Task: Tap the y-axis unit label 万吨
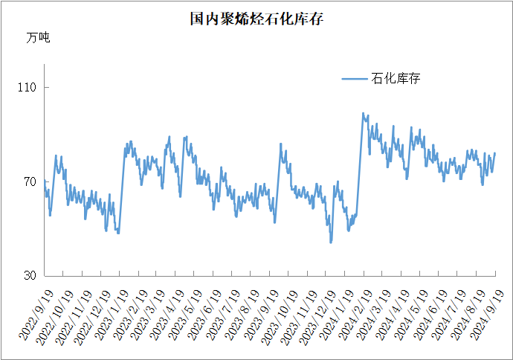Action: coord(38,38)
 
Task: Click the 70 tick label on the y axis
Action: coord(30,182)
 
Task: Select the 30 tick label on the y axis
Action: coord(30,276)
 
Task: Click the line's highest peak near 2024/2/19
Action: coord(363,113)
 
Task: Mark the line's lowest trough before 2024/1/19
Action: coord(331,242)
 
